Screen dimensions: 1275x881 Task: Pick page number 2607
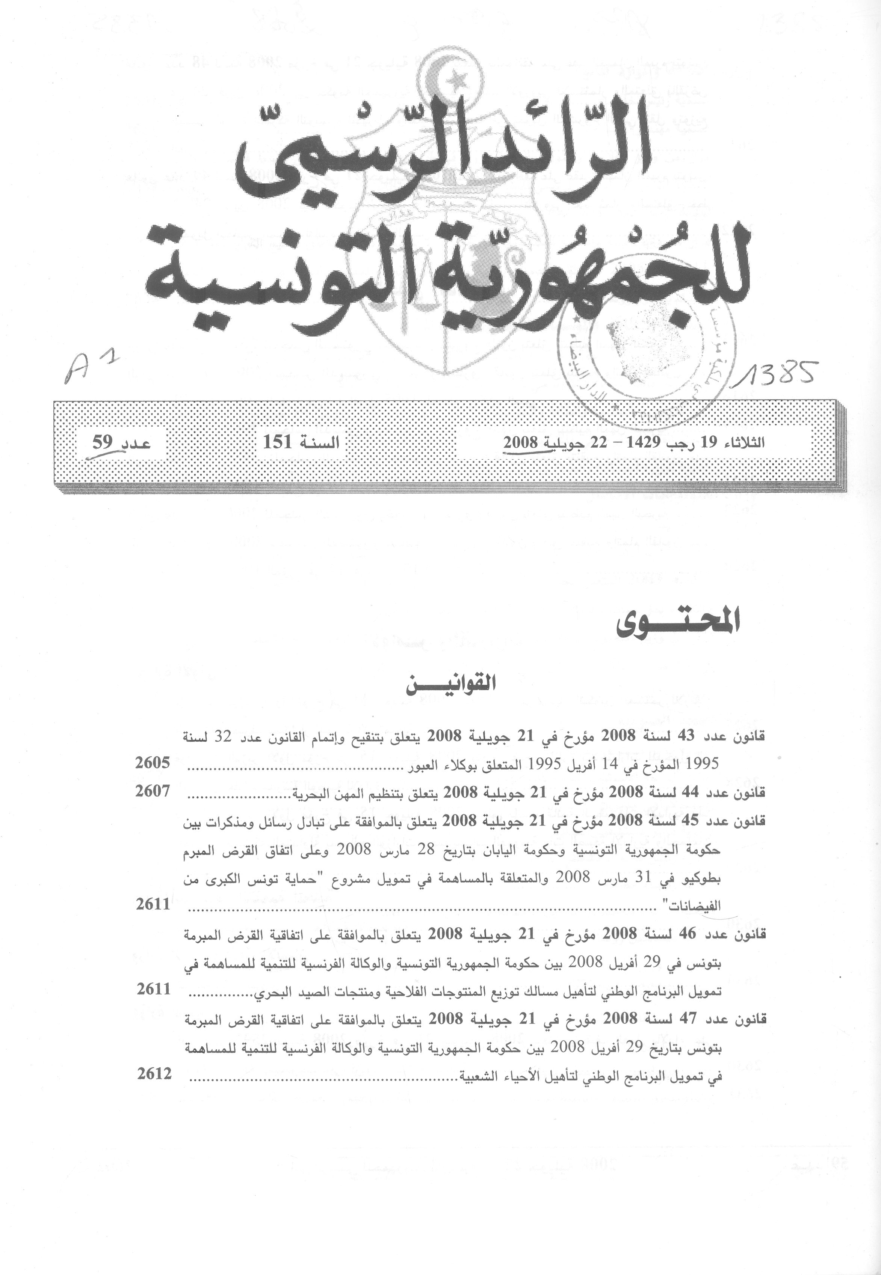pyautogui.click(x=153, y=791)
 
